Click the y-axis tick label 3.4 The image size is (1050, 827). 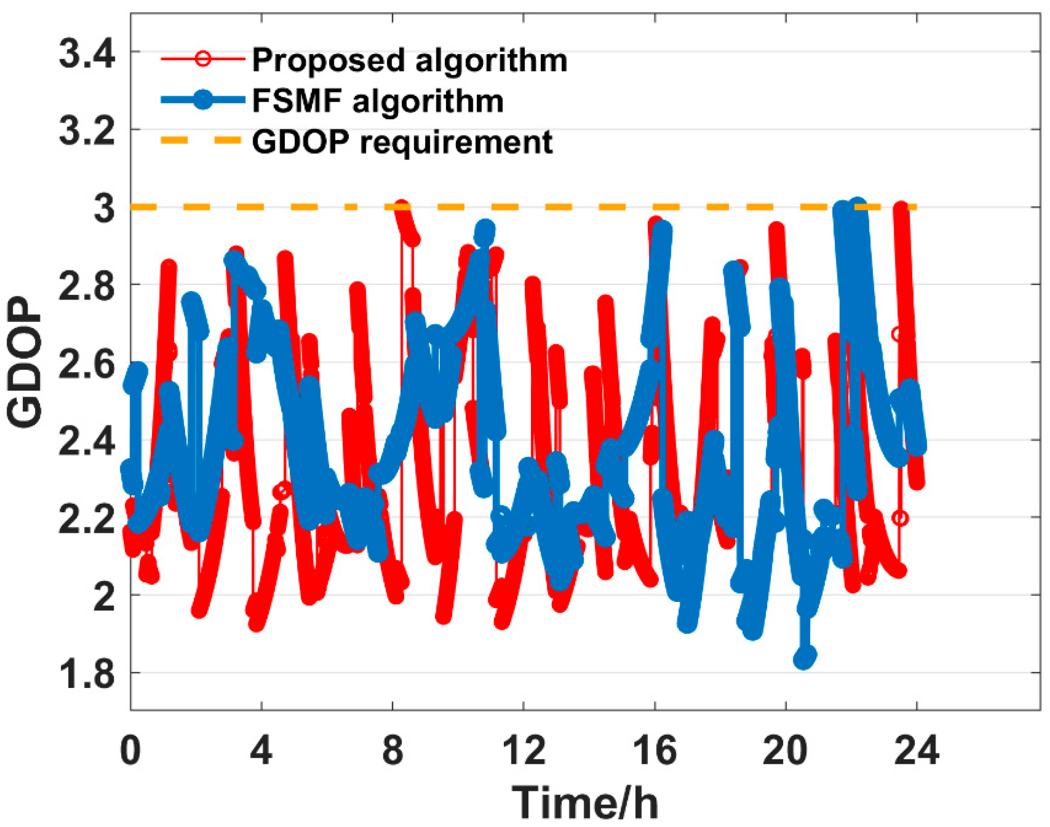(x=87, y=53)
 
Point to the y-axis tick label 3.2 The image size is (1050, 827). (x=87, y=131)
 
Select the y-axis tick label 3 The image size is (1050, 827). (x=104, y=208)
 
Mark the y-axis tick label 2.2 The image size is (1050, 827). (x=87, y=518)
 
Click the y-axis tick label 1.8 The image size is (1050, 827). (x=87, y=674)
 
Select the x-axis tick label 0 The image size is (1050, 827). (x=130, y=751)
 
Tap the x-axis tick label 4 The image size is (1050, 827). (x=262, y=751)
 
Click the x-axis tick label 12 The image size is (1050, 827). (x=523, y=751)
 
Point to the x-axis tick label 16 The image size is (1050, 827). (x=655, y=751)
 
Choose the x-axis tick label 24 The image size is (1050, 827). (x=917, y=751)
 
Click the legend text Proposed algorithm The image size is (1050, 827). (x=409, y=60)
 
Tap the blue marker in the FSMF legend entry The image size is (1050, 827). (x=202, y=100)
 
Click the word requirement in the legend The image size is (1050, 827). (x=456, y=142)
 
